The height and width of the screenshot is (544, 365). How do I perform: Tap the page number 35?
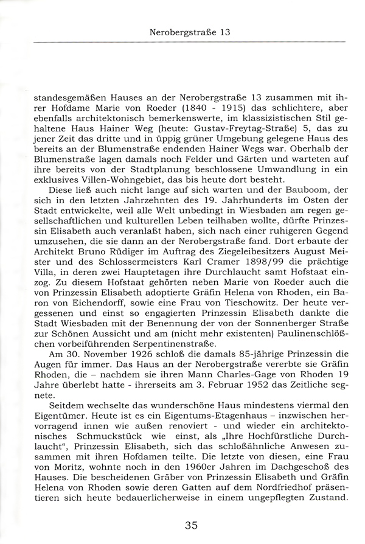click(x=190, y=526)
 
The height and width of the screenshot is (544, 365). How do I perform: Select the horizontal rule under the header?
click(x=189, y=41)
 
